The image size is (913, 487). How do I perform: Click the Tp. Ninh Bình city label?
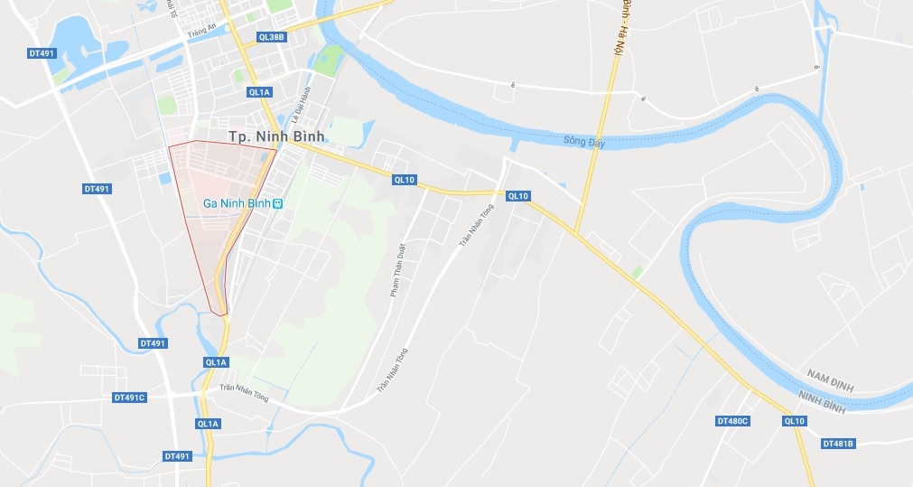tap(275, 136)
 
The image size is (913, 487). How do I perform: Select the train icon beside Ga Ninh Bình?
tap(279, 203)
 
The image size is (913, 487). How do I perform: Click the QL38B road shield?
tap(271, 37)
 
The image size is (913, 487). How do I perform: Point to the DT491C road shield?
tap(129, 397)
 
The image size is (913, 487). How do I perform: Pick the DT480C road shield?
tap(732, 421)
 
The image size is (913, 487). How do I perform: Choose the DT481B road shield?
tap(838, 444)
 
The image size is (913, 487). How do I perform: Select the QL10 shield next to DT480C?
tap(795, 421)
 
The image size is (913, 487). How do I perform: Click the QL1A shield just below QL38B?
tap(258, 91)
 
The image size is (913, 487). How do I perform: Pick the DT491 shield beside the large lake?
tap(42, 54)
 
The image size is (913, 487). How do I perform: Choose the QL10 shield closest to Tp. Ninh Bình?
tap(404, 180)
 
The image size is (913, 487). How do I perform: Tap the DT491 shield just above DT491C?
tap(153, 343)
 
